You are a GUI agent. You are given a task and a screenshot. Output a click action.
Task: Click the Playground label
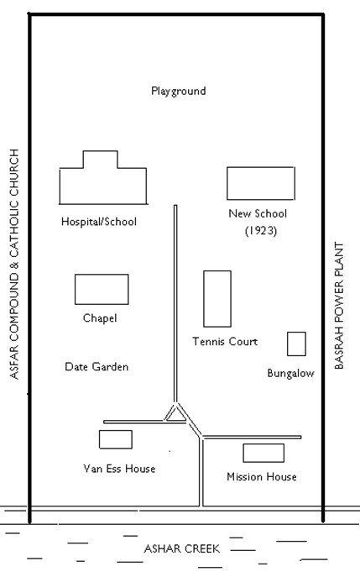pyautogui.click(x=179, y=91)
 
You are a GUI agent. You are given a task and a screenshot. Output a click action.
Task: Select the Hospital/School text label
pyautogui.click(x=99, y=222)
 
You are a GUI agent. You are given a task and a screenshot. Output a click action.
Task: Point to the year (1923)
pyautogui.click(x=261, y=231)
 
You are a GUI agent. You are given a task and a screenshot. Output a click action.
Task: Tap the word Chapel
pyautogui.click(x=100, y=318)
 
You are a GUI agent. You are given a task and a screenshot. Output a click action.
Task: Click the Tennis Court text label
pyautogui.click(x=225, y=342)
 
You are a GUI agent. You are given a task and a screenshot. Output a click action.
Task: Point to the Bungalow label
pyautogui.click(x=290, y=373)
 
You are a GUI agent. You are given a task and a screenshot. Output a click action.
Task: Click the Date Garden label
pyautogui.click(x=97, y=366)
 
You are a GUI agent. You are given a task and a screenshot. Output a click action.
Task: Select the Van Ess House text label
pyautogui.click(x=119, y=469)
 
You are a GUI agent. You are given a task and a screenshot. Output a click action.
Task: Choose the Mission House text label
pyautogui.click(x=262, y=477)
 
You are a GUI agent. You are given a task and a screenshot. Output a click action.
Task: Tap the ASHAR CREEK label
pyautogui.click(x=181, y=548)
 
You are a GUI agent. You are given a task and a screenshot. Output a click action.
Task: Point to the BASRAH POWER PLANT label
pyautogui.click(x=339, y=306)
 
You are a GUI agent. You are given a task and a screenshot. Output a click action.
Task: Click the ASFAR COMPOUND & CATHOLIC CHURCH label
pyautogui.click(x=14, y=264)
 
